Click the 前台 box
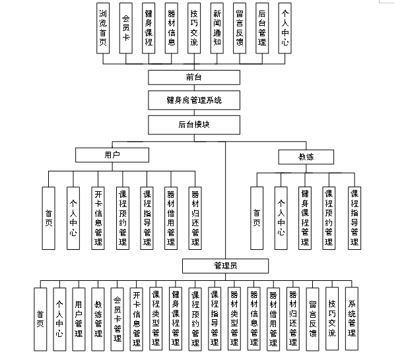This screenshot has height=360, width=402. [x=193, y=77]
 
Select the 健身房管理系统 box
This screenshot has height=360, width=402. [x=193, y=101]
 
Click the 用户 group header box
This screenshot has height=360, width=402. [x=112, y=154]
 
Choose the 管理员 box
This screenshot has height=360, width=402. [x=226, y=266]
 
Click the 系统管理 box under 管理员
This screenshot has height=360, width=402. [x=352, y=319]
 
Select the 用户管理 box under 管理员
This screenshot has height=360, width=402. [x=79, y=319]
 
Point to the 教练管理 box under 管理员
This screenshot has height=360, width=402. [x=98, y=319]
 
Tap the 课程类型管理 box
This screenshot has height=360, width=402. [x=156, y=319]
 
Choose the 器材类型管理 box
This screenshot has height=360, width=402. [x=234, y=319]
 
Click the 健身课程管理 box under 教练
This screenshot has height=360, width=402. [x=304, y=218]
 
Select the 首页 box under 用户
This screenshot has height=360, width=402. [x=49, y=218]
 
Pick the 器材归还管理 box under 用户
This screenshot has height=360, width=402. [x=195, y=218]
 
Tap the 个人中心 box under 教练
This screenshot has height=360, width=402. [x=281, y=218]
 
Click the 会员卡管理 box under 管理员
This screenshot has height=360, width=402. [x=117, y=319]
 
